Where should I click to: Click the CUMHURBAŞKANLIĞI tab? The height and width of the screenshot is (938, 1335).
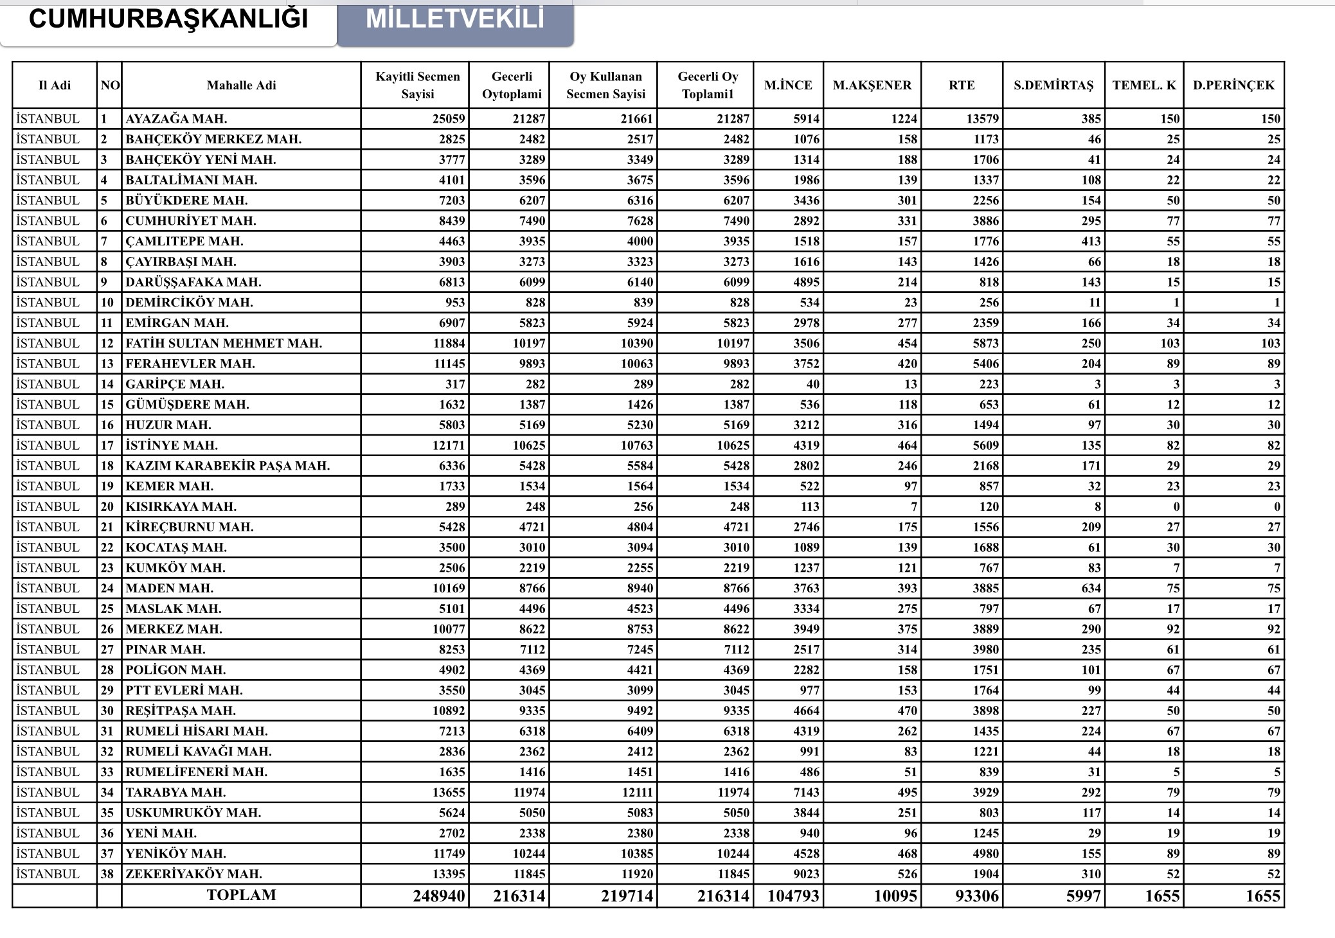pyautogui.click(x=168, y=19)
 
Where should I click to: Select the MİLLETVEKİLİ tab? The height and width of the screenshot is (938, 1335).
pyautogui.click(x=455, y=19)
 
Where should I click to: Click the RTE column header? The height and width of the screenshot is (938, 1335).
pyautogui.click(x=962, y=85)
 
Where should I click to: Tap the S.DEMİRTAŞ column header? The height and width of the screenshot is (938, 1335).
pyautogui.click(x=1053, y=85)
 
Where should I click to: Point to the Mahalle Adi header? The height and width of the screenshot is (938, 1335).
pyautogui.click(x=241, y=85)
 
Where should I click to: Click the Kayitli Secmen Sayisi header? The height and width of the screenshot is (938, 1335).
pyautogui.click(x=417, y=85)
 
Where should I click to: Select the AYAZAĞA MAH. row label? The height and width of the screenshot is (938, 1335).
pyautogui.click(x=176, y=119)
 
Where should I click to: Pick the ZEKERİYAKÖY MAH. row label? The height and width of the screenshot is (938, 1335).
pyautogui.click(x=193, y=874)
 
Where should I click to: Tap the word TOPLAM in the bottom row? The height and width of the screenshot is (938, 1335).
pyautogui.click(x=241, y=895)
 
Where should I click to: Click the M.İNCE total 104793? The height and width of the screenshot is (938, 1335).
pyautogui.click(x=793, y=896)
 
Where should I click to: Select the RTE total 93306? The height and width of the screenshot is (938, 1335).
pyautogui.click(x=976, y=896)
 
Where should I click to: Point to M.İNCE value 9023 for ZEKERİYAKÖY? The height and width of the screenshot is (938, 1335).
pyautogui.click(x=806, y=874)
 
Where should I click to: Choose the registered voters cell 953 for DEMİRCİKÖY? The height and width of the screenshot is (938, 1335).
pyautogui.click(x=454, y=303)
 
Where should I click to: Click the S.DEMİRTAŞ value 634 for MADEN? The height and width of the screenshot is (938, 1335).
pyautogui.click(x=1091, y=588)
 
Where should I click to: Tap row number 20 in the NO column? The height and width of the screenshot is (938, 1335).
pyautogui.click(x=107, y=506)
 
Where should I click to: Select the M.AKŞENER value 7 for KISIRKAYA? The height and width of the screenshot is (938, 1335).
pyautogui.click(x=913, y=506)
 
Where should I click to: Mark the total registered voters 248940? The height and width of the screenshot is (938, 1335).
pyautogui.click(x=438, y=896)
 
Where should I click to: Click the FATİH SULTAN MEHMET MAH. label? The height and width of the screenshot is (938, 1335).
pyautogui.click(x=224, y=343)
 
